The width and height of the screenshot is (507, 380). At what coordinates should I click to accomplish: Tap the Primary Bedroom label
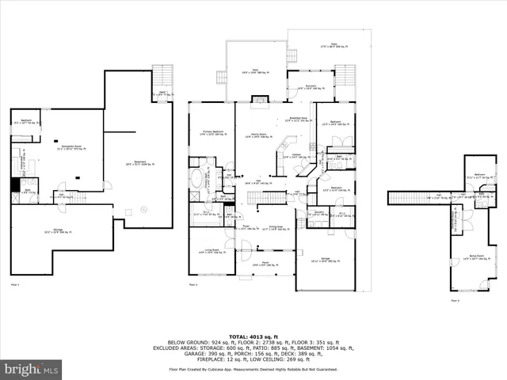click(x=212, y=132)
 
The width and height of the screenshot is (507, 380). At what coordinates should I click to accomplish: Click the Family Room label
click(x=254, y=135)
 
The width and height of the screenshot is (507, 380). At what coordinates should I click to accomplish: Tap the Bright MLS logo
click(x=32, y=368)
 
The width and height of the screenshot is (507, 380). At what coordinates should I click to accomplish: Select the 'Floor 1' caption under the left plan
click(x=14, y=283)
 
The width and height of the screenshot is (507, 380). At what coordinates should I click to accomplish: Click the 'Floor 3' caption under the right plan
click(x=455, y=300)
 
